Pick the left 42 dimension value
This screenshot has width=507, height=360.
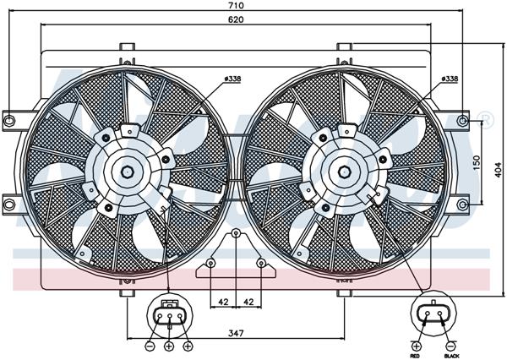click(223, 302)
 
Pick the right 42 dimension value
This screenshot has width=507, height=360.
click(248, 302)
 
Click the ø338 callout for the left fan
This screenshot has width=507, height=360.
click(233, 79)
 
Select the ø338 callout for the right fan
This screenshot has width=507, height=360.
click(450, 79)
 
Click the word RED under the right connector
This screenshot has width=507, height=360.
click(417, 354)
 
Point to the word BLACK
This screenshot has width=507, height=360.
click(451, 354)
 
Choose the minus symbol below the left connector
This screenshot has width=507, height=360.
click(149, 346)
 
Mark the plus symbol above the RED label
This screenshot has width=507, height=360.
click(417, 345)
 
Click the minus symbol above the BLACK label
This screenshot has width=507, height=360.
click(451, 345)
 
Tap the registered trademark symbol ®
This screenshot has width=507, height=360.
click(486, 117)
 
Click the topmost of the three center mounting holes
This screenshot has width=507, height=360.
click(237, 233)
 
